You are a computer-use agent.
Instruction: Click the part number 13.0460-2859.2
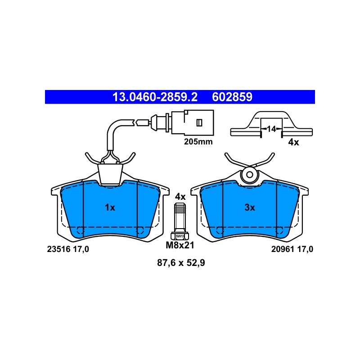coord(155,97)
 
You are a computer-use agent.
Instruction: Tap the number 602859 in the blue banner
coord(232,97)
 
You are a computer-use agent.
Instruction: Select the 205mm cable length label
coord(198,142)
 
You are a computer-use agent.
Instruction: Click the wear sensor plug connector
coord(193,122)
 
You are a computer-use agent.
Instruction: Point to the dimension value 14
coord(271,129)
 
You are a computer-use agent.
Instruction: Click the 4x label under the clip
coord(293,142)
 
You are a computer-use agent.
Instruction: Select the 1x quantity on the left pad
coord(110,207)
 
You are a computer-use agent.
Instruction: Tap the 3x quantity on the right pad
coord(250,207)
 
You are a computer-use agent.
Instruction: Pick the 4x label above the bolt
coord(180,197)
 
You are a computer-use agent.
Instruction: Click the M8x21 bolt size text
coord(180,245)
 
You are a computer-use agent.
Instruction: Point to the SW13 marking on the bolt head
coord(180,236)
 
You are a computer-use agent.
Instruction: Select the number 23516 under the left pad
coord(58,249)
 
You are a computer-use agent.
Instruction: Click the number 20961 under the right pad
coord(283,249)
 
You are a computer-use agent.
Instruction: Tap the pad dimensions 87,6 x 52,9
coord(181,263)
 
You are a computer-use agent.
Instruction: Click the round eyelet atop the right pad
coord(250,175)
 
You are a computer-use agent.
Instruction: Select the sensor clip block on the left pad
coord(110,174)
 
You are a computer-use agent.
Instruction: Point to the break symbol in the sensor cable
coord(135,122)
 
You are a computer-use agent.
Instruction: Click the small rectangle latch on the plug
coord(199,122)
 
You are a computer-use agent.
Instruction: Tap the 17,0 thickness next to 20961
coord(306,249)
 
